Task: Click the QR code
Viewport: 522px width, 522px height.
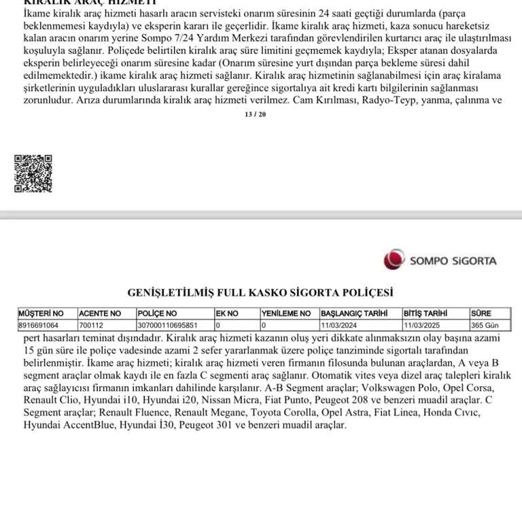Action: click(x=33, y=173)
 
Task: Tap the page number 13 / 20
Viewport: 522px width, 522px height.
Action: click(x=256, y=114)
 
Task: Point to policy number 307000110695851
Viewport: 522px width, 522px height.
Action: click(x=167, y=325)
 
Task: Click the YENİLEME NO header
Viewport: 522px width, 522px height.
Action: click(x=286, y=313)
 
